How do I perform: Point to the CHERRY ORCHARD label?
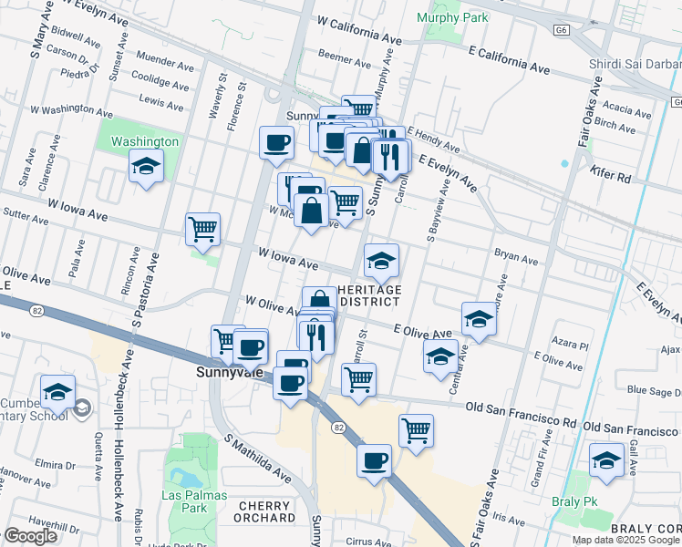(263, 511)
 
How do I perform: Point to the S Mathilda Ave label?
(258, 457)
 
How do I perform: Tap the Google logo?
(30, 536)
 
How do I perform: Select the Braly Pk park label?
(573, 501)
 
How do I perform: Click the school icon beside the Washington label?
(145, 167)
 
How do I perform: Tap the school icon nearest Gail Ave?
(606, 459)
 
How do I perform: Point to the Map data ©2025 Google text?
(625, 539)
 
